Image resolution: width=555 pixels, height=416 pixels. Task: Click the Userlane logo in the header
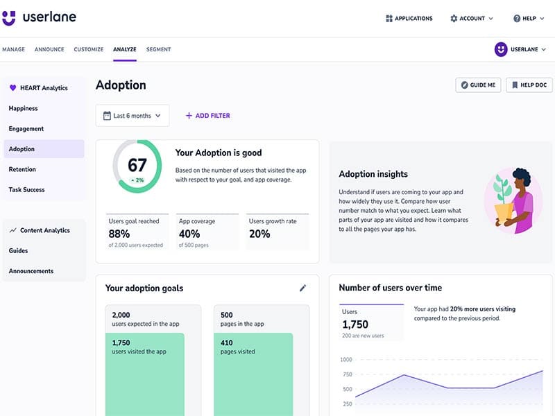[39, 18]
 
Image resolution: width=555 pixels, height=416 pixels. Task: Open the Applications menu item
[409, 19]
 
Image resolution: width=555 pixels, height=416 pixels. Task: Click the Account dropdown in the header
[472, 19]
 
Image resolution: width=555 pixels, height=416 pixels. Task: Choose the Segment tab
[158, 50]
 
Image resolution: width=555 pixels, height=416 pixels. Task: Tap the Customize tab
[88, 50]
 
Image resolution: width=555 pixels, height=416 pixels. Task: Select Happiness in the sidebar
[24, 108]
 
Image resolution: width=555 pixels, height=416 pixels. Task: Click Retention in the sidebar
[22, 169]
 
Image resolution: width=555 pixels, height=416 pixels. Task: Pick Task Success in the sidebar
[27, 189]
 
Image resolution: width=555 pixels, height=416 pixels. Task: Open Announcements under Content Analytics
[31, 271]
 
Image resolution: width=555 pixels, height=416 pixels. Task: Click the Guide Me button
[477, 85]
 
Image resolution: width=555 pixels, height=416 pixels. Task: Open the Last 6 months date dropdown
[133, 116]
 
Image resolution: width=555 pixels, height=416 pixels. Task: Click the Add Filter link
[207, 116]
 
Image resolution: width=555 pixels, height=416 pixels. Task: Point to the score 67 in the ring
[137, 165]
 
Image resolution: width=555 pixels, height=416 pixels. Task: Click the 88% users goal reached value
[119, 234]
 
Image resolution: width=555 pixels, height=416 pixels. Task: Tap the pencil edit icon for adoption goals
[302, 288]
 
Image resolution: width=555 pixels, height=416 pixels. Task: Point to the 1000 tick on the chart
[345, 360]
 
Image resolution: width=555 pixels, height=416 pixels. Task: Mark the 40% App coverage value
[190, 234]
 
